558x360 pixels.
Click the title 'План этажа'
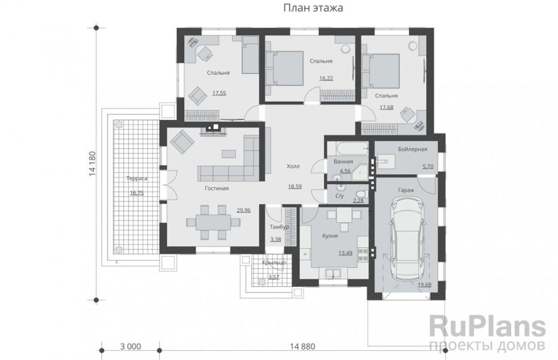pos(313,8)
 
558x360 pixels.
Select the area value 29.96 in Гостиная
pos(244,210)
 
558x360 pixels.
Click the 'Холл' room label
pos(293,166)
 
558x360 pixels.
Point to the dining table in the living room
pos(213,222)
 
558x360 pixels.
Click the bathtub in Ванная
pos(348,149)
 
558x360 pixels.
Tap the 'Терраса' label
pos(137,179)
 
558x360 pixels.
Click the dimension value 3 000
pos(131,346)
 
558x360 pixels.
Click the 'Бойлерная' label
pos(413,149)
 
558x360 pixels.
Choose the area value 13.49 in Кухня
pos(345,253)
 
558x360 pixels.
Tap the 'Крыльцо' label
pos(274,263)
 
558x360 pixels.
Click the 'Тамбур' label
pos(280,227)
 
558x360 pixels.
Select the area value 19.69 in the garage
pos(424,285)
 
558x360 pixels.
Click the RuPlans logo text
pos(488,327)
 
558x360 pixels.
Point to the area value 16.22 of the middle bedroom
pos(326,78)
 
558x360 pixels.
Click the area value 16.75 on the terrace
pos(137,193)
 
